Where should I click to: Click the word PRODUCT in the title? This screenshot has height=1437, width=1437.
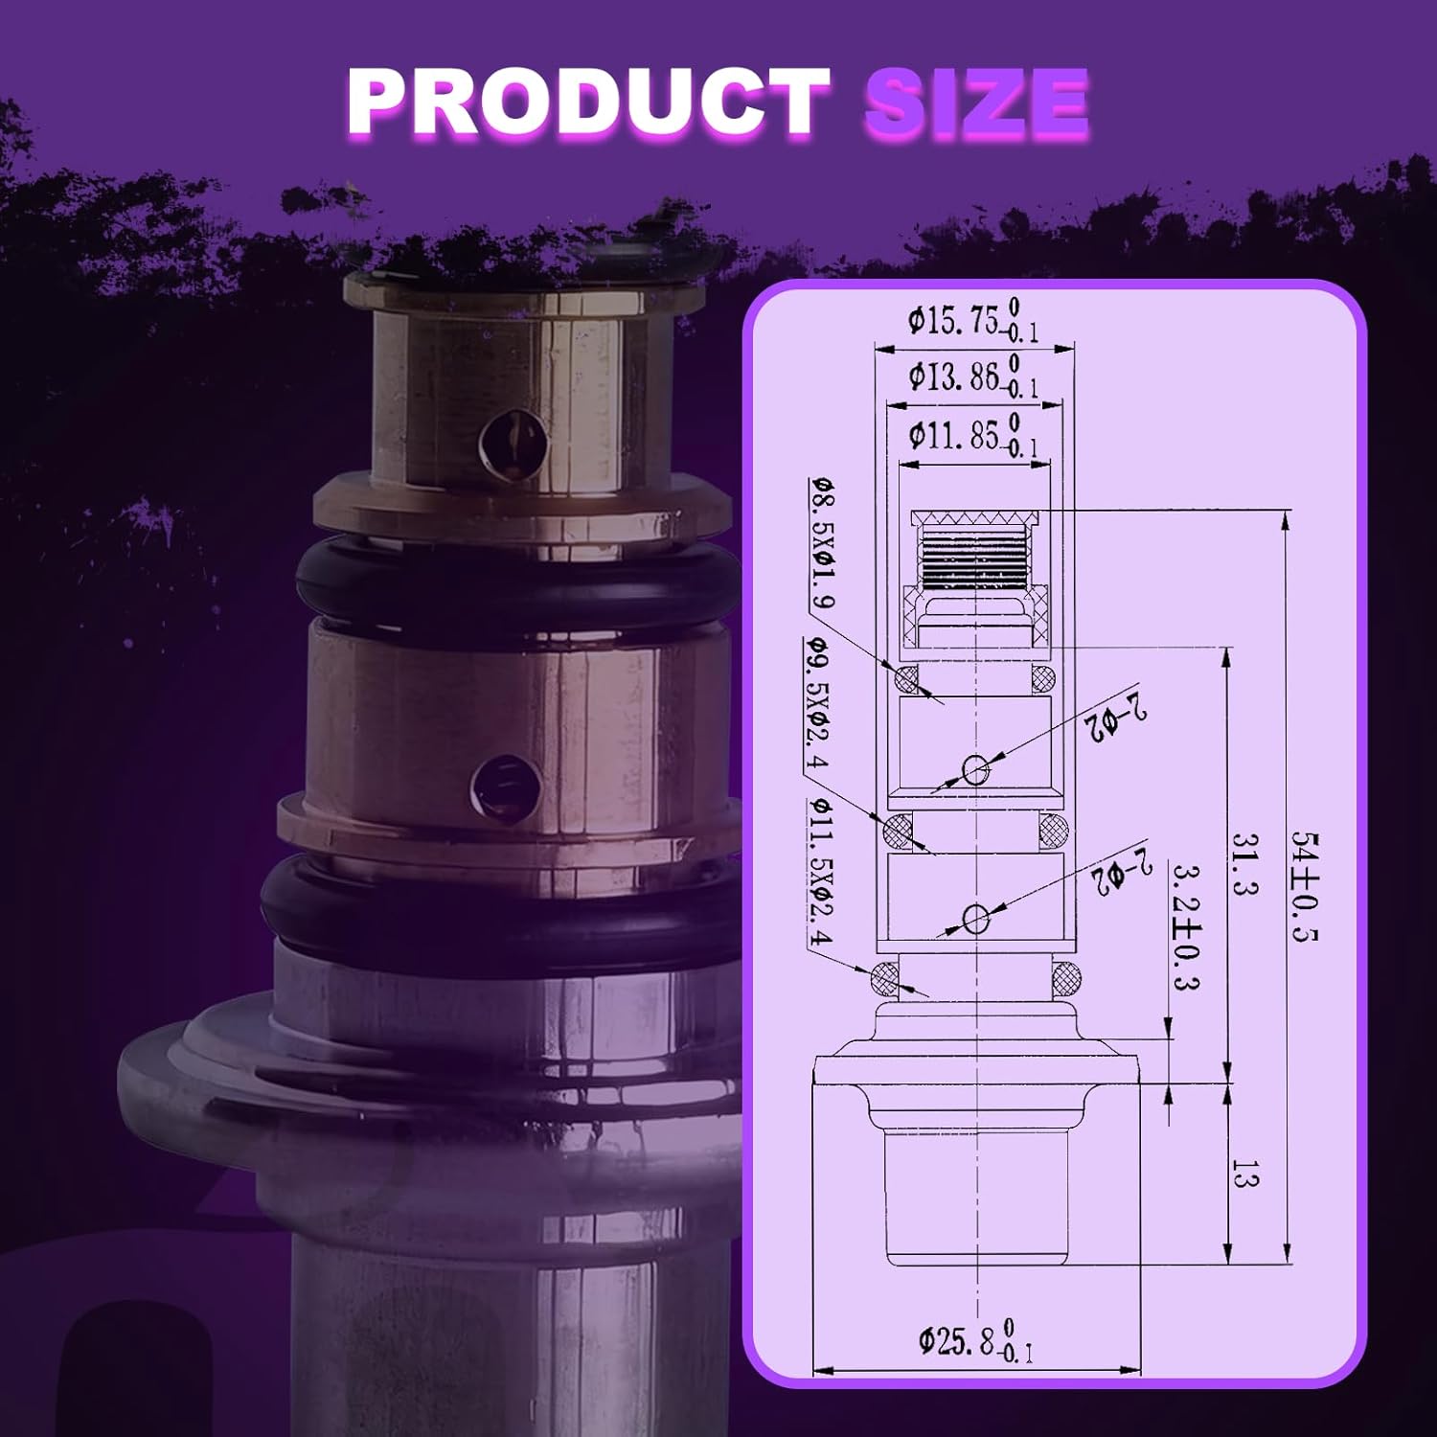pos(586,103)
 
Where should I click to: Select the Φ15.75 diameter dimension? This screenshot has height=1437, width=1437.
pos(972,320)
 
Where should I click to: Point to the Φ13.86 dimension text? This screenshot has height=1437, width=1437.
pos(972,376)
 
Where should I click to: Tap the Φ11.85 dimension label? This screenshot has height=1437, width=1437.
pos(972,436)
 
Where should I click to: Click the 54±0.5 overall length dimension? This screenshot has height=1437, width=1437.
pos(1304,886)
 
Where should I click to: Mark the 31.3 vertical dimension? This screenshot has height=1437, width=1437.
pos(1243,864)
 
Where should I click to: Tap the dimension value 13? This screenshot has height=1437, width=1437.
pos(1243,1175)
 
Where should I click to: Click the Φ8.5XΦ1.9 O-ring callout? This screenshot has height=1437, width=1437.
pos(822,543)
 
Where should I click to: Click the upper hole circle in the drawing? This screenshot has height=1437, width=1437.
pos(975,768)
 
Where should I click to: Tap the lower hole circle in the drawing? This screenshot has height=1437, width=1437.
pos(975,919)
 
